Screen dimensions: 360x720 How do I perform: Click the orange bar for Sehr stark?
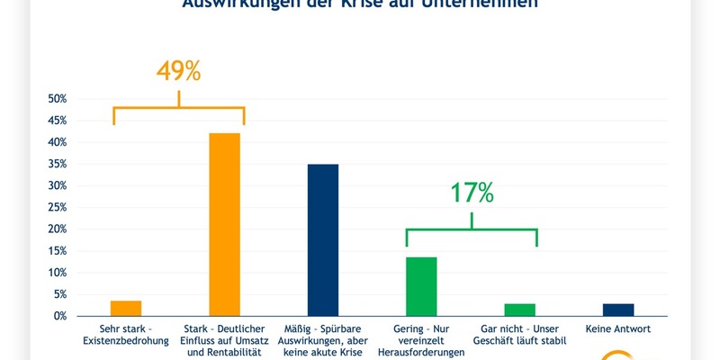(x=126, y=308)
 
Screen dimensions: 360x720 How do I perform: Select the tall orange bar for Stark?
(x=225, y=225)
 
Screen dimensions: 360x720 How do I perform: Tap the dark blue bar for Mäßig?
(x=323, y=240)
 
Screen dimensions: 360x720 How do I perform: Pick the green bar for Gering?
(x=422, y=286)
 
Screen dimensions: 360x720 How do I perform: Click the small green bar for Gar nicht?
(x=519, y=310)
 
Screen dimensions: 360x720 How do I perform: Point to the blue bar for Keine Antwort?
(x=618, y=310)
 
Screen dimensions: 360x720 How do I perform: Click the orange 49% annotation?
(x=179, y=72)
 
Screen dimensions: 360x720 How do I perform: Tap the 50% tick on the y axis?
(x=57, y=98)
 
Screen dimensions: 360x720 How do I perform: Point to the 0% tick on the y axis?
(x=59, y=316)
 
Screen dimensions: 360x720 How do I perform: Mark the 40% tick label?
(x=57, y=142)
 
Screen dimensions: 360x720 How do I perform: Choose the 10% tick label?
(x=57, y=273)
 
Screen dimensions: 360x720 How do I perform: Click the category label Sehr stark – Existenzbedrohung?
(x=126, y=334)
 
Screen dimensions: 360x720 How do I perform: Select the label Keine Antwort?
(x=618, y=328)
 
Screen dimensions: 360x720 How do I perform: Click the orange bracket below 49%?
(x=179, y=109)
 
